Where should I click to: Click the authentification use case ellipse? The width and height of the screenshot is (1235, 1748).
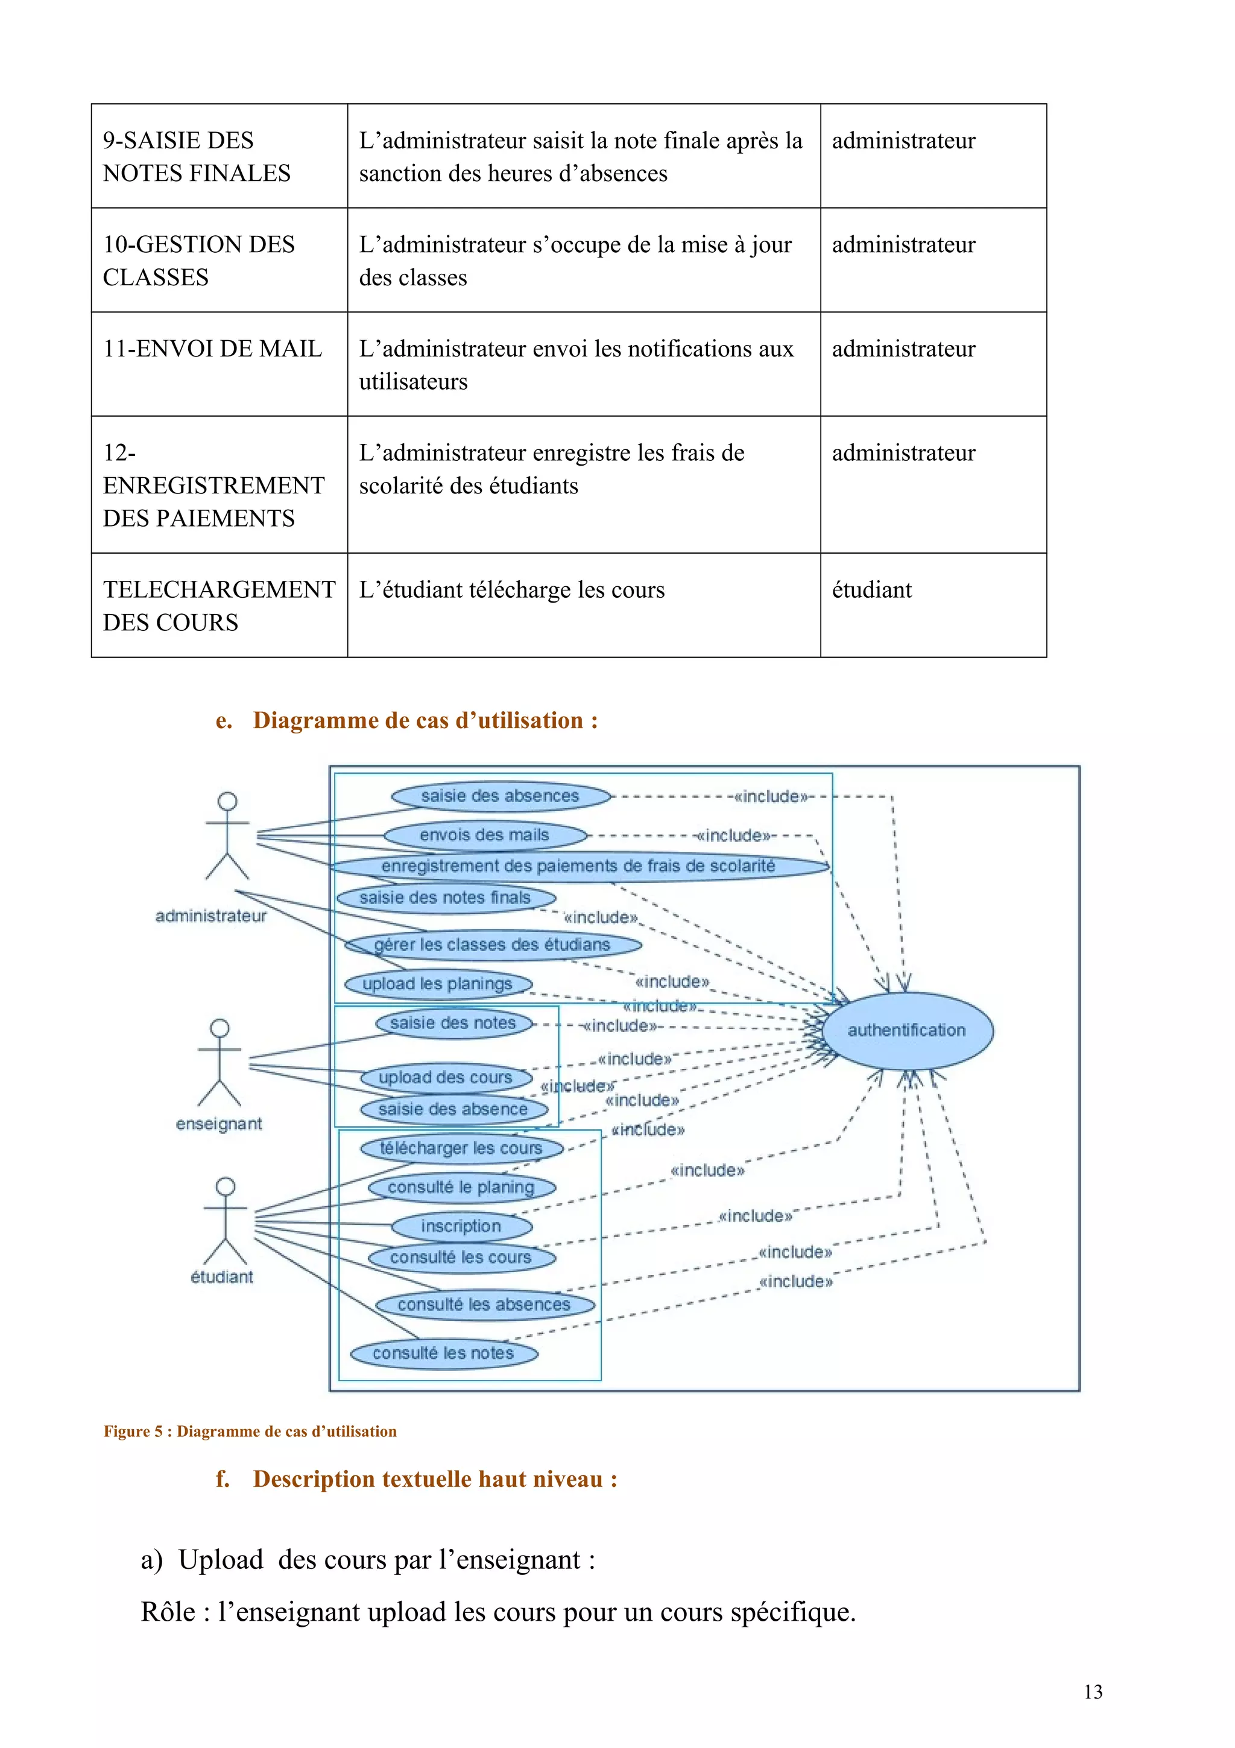906,1030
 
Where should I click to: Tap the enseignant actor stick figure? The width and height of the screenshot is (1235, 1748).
219,1062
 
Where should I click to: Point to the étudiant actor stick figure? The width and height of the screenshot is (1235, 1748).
226,1221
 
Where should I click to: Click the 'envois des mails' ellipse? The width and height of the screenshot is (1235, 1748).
485,835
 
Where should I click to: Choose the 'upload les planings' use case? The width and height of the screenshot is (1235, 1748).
438,984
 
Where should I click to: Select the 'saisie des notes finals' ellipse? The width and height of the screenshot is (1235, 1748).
445,898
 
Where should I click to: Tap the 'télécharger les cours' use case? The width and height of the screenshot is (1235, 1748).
461,1148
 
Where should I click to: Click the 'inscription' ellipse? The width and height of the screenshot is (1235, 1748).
461,1226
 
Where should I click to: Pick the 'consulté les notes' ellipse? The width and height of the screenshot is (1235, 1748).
444,1353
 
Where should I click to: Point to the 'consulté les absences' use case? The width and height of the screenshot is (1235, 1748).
484,1304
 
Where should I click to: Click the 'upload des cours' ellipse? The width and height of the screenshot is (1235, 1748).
445,1077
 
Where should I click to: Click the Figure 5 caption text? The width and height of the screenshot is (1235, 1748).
250,1431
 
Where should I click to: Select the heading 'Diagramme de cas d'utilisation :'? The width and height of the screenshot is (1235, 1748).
425,720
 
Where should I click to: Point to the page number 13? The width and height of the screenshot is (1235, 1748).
1093,1692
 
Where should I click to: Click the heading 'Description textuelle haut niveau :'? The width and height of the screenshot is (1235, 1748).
435,1478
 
